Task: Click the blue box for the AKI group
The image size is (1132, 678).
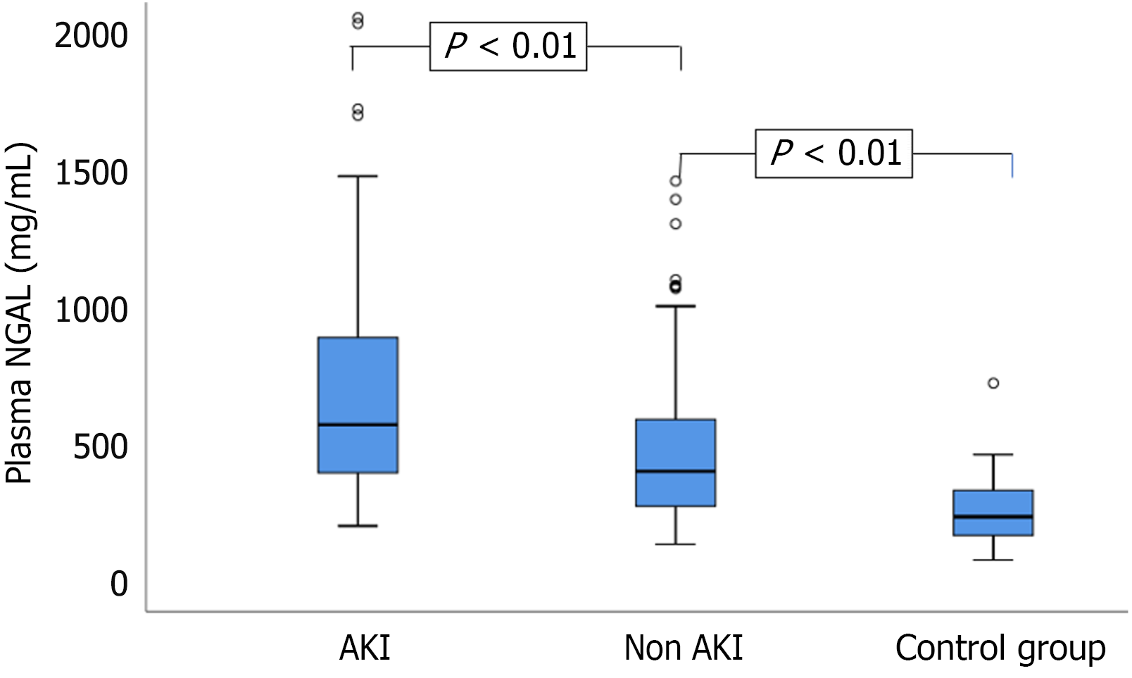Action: pyautogui.click(x=358, y=380)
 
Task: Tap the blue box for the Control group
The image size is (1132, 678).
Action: pyautogui.click(x=993, y=503)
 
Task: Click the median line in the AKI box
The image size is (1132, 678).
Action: pyautogui.click(x=358, y=425)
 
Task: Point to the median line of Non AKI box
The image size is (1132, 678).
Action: pyautogui.click(x=675, y=471)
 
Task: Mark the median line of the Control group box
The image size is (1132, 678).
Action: pyautogui.click(x=993, y=517)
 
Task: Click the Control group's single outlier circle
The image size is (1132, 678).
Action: pyautogui.click(x=993, y=384)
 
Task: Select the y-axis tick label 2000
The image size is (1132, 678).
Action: pyautogui.click(x=92, y=36)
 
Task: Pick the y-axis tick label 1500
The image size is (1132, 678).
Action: pyautogui.click(x=92, y=173)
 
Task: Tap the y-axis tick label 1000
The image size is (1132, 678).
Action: pyautogui.click(x=92, y=310)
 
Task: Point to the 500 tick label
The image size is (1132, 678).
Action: pyautogui.click(x=101, y=447)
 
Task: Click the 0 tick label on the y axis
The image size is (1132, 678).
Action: pyautogui.click(x=119, y=584)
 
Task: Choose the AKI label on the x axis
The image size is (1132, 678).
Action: pyautogui.click(x=365, y=648)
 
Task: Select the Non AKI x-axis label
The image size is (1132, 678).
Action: pyautogui.click(x=683, y=648)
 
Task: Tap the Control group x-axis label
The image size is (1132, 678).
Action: pyautogui.click(x=1000, y=648)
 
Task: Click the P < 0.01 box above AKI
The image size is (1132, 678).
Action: pyautogui.click(x=508, y=46)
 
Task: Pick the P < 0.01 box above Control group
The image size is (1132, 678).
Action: pyautogui.click(x=834, y=153)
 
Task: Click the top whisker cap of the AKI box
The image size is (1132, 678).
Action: pyautogui.click(x=358, y=176)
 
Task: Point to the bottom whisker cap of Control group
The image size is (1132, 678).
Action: pyautogui.click(x=993, y=560)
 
